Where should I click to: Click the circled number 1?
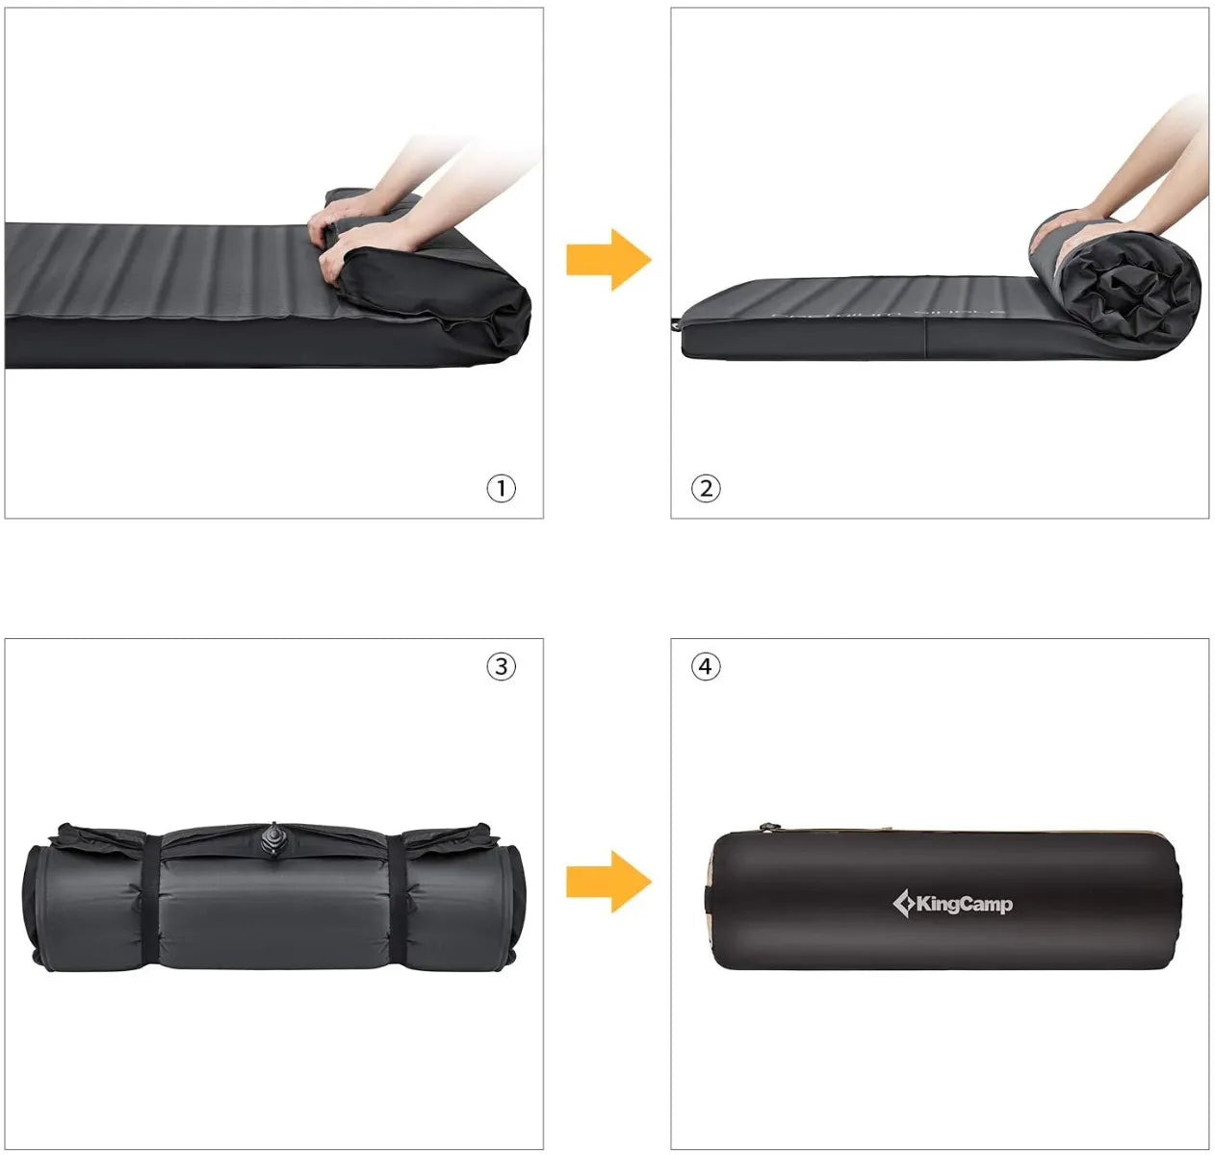coord(501,488)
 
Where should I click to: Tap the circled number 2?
coord(706,488)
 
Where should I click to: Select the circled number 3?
coord(501,666)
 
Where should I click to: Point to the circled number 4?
coord(706,666)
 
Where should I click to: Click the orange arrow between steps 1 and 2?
coord(607,259)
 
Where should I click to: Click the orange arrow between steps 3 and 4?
coord(607,882)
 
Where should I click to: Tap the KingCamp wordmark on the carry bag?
coord(964,904)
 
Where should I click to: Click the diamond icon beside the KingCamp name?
coord(903,904)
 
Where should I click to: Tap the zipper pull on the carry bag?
coord(767,827)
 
